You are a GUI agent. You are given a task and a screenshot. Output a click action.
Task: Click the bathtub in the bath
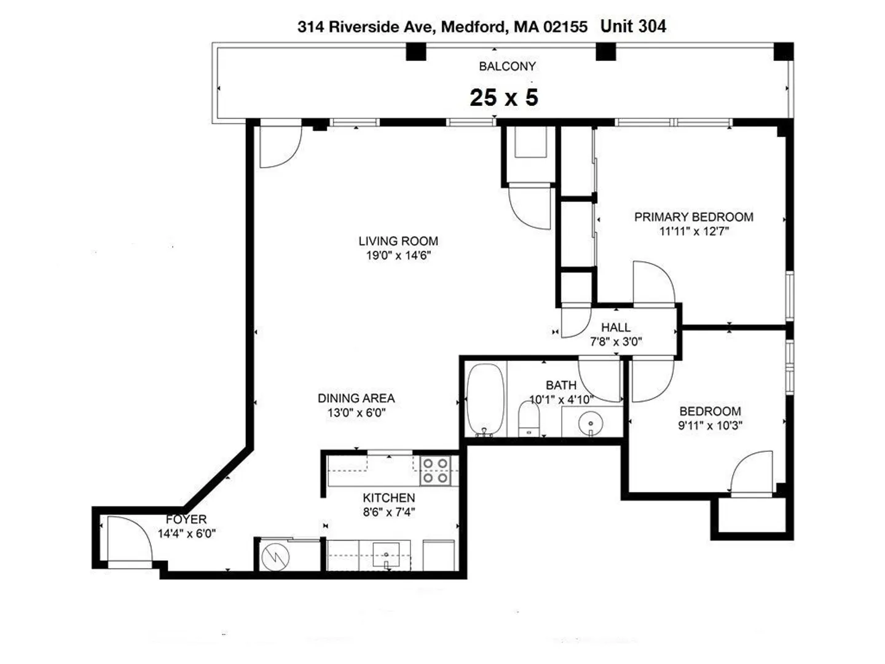[x=485, y=400]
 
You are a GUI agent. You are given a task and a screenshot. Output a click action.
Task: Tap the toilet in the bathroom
[x=529, y=419]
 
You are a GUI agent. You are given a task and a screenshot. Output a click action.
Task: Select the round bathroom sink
[x=590, y=424]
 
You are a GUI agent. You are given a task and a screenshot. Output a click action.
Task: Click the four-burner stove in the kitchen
[x=435, y=470]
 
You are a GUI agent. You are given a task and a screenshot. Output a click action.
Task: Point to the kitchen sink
[x=386, y=555]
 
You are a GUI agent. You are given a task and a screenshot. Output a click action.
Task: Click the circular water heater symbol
[x=275, y=557]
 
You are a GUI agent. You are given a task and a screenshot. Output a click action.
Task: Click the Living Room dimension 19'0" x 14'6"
[x=398, y=256]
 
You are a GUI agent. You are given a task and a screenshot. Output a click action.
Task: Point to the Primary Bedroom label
[x=693, y=217]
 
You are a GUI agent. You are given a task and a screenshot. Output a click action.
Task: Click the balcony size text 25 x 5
[x=503, y=98]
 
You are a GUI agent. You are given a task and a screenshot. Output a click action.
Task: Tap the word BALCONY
[x=507, y=66]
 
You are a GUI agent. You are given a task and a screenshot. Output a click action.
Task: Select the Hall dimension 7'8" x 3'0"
[x=616, y=342]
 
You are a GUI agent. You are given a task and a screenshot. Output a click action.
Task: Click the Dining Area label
[x=356, y=398]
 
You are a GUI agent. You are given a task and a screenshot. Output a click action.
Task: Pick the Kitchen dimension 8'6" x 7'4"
[x=388, y=512]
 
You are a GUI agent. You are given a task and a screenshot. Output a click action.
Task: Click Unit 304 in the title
[x=633, y=26]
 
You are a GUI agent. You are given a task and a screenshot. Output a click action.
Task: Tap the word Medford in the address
[x=474, y=27]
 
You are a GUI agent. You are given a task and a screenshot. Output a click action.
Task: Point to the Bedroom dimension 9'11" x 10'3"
[x=710, y=425]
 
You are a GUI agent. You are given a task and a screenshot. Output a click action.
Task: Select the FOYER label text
[x=186, y=520]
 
